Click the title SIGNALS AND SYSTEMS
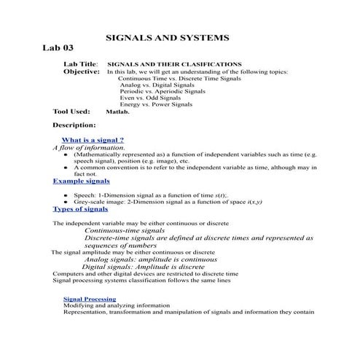[x=168, y=36]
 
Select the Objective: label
[x=81, y=72]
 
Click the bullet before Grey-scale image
[x=66, y=201]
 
